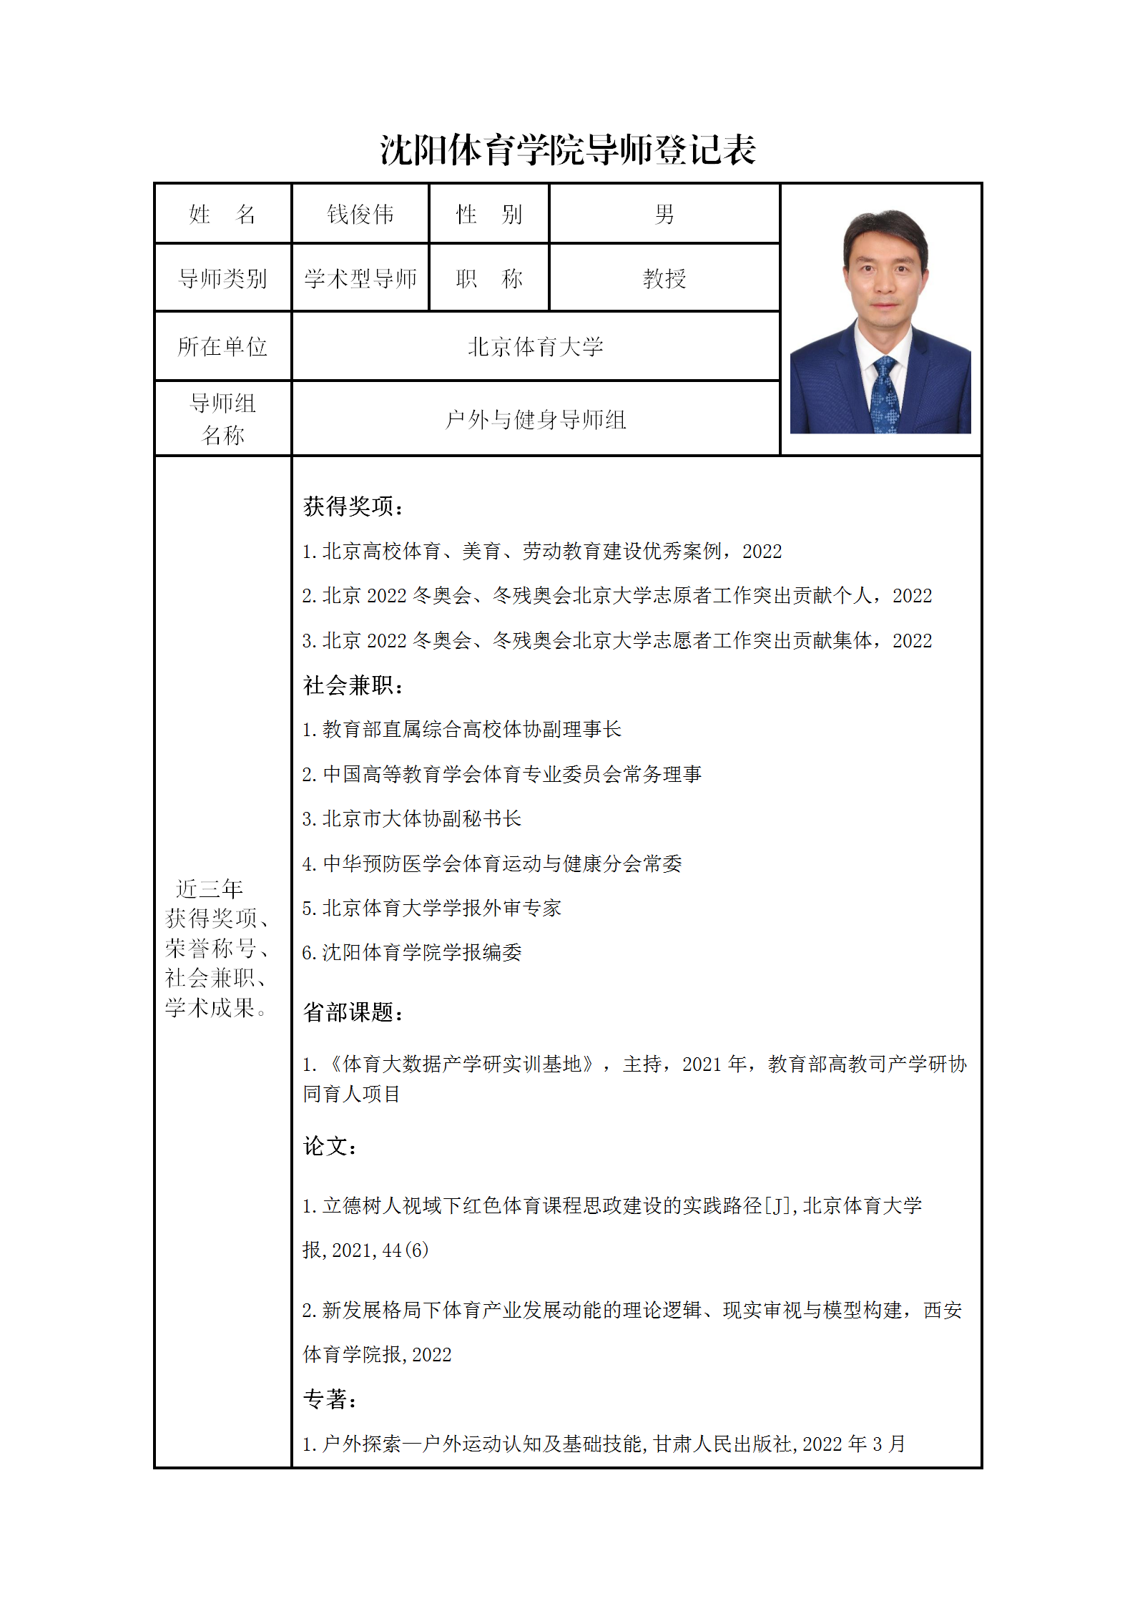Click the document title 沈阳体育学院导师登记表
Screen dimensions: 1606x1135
tap(567, 150)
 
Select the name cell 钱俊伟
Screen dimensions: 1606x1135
tap(360, 214)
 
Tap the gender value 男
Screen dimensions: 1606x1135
tap(664, 214)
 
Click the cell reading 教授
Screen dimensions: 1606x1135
tap(664, 278)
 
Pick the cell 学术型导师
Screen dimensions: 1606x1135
tap(360, 278)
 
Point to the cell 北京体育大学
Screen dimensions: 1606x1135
tap(535, 347)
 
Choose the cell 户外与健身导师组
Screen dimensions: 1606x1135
tap(535, 419)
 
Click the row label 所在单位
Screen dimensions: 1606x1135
tap(222, 347)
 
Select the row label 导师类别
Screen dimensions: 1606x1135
tap(222, 278)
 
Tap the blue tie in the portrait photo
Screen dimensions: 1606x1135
tap(885, 393)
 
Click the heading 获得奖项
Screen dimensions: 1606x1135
tap(353, 506)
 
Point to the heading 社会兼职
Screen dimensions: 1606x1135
tap(353, 685)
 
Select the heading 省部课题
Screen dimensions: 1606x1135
tap(353, 1012)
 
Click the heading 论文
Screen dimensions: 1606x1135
tap(329, 1146)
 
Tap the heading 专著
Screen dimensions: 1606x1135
tap(329, 1399)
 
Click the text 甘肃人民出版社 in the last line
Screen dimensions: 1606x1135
tap(721, 1444)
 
